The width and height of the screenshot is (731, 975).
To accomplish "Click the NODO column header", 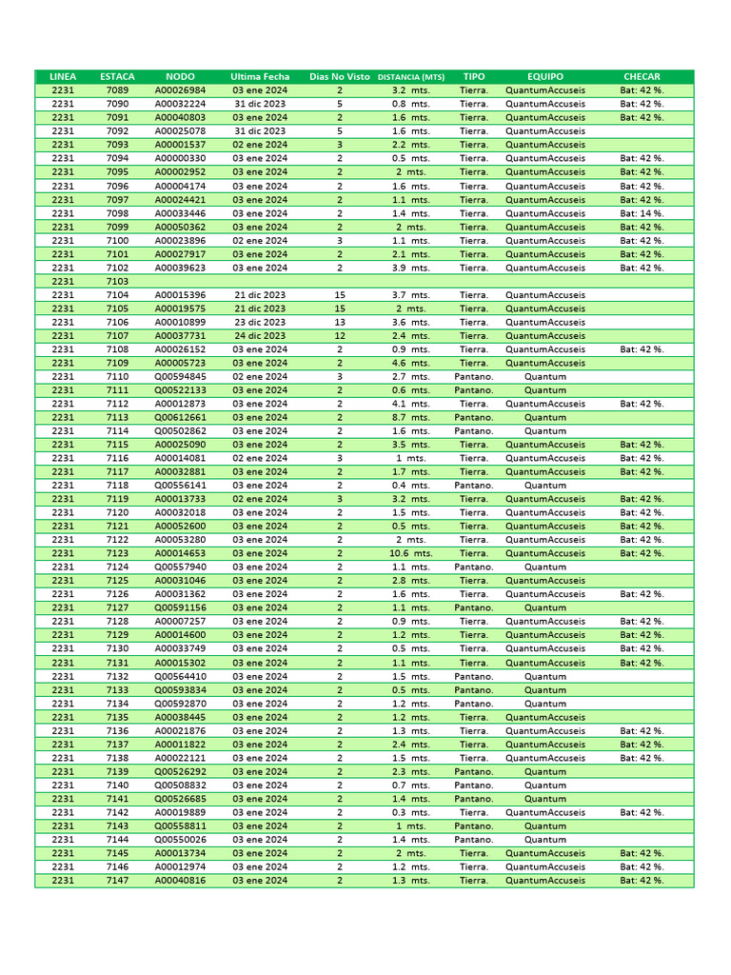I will click(180, 76).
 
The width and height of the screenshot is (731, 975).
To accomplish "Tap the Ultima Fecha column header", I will click(260, 76).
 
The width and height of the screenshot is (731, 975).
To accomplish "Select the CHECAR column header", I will click(642, 76).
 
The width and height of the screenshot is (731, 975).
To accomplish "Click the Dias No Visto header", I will click(340, 76).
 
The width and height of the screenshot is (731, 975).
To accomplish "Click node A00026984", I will click(180, 90).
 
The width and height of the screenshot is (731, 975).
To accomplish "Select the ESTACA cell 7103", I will click(118, 282).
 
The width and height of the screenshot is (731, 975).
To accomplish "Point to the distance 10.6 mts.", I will click(411, 553).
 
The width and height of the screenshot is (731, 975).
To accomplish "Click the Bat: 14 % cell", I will click(642, 213).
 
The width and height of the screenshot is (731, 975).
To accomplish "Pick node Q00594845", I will click(180, 377).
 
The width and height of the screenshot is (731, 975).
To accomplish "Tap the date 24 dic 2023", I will click(260, 336).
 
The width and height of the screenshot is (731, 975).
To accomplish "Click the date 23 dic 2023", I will click(260, 323).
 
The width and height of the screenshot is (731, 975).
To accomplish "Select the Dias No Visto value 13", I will click(340, 323).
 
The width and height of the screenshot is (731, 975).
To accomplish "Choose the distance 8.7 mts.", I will click(411, 417).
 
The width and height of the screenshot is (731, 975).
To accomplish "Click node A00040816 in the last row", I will click(180, 881).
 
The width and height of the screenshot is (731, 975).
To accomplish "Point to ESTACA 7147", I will click(118, 881).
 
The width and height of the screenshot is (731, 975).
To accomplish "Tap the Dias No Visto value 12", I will click(340, 336).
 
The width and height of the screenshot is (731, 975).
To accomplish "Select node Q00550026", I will click(180, 840).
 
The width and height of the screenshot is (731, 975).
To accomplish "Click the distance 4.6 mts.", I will click(411, 363).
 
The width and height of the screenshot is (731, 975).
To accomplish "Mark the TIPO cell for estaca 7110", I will click(474, 377).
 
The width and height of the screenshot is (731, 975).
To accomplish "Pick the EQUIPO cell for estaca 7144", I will click(545, 840).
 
